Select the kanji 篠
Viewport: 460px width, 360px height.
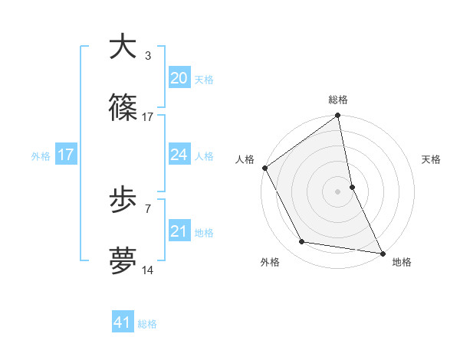123,108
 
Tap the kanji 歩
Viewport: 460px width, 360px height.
123,201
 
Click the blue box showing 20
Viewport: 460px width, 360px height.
179,77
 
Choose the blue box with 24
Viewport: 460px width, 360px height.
179,155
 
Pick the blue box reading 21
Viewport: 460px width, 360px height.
179,231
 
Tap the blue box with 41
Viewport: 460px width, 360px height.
123,322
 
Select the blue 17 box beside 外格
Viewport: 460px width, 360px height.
66,155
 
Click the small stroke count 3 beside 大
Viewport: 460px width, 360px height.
147,55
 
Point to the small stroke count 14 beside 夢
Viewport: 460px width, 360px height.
148,271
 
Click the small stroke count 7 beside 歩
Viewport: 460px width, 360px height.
147,208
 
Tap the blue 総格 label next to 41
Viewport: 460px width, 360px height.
147,324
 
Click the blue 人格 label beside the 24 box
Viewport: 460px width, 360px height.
204,156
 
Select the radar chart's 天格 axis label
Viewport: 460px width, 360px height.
432,159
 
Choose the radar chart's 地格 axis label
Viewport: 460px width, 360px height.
402,262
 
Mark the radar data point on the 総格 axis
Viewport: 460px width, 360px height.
337,116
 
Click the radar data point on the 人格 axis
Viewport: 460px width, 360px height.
264,168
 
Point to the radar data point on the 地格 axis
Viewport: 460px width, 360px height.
382,253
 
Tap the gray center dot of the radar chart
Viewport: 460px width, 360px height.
337,191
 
